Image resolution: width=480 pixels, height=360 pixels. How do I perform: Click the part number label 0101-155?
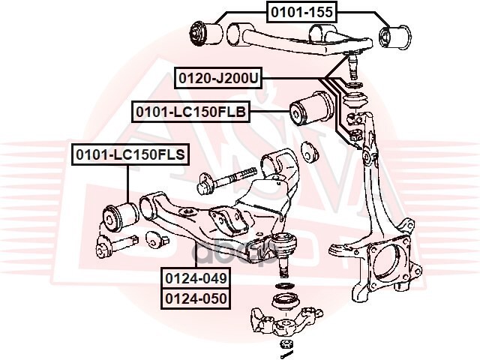[301, 10]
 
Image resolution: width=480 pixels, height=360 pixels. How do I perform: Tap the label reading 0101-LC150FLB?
[190, 111]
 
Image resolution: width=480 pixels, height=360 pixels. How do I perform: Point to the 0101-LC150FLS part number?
[129, 155]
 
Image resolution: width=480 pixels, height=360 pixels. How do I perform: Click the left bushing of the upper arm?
[204, 31]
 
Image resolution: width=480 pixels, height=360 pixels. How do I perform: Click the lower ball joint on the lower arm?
[284, 247]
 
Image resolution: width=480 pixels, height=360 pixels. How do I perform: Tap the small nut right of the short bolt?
[157, 241]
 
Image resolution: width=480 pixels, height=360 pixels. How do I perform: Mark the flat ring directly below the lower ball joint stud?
[285, 286]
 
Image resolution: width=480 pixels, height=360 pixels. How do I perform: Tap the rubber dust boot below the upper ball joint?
[352, 97]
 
